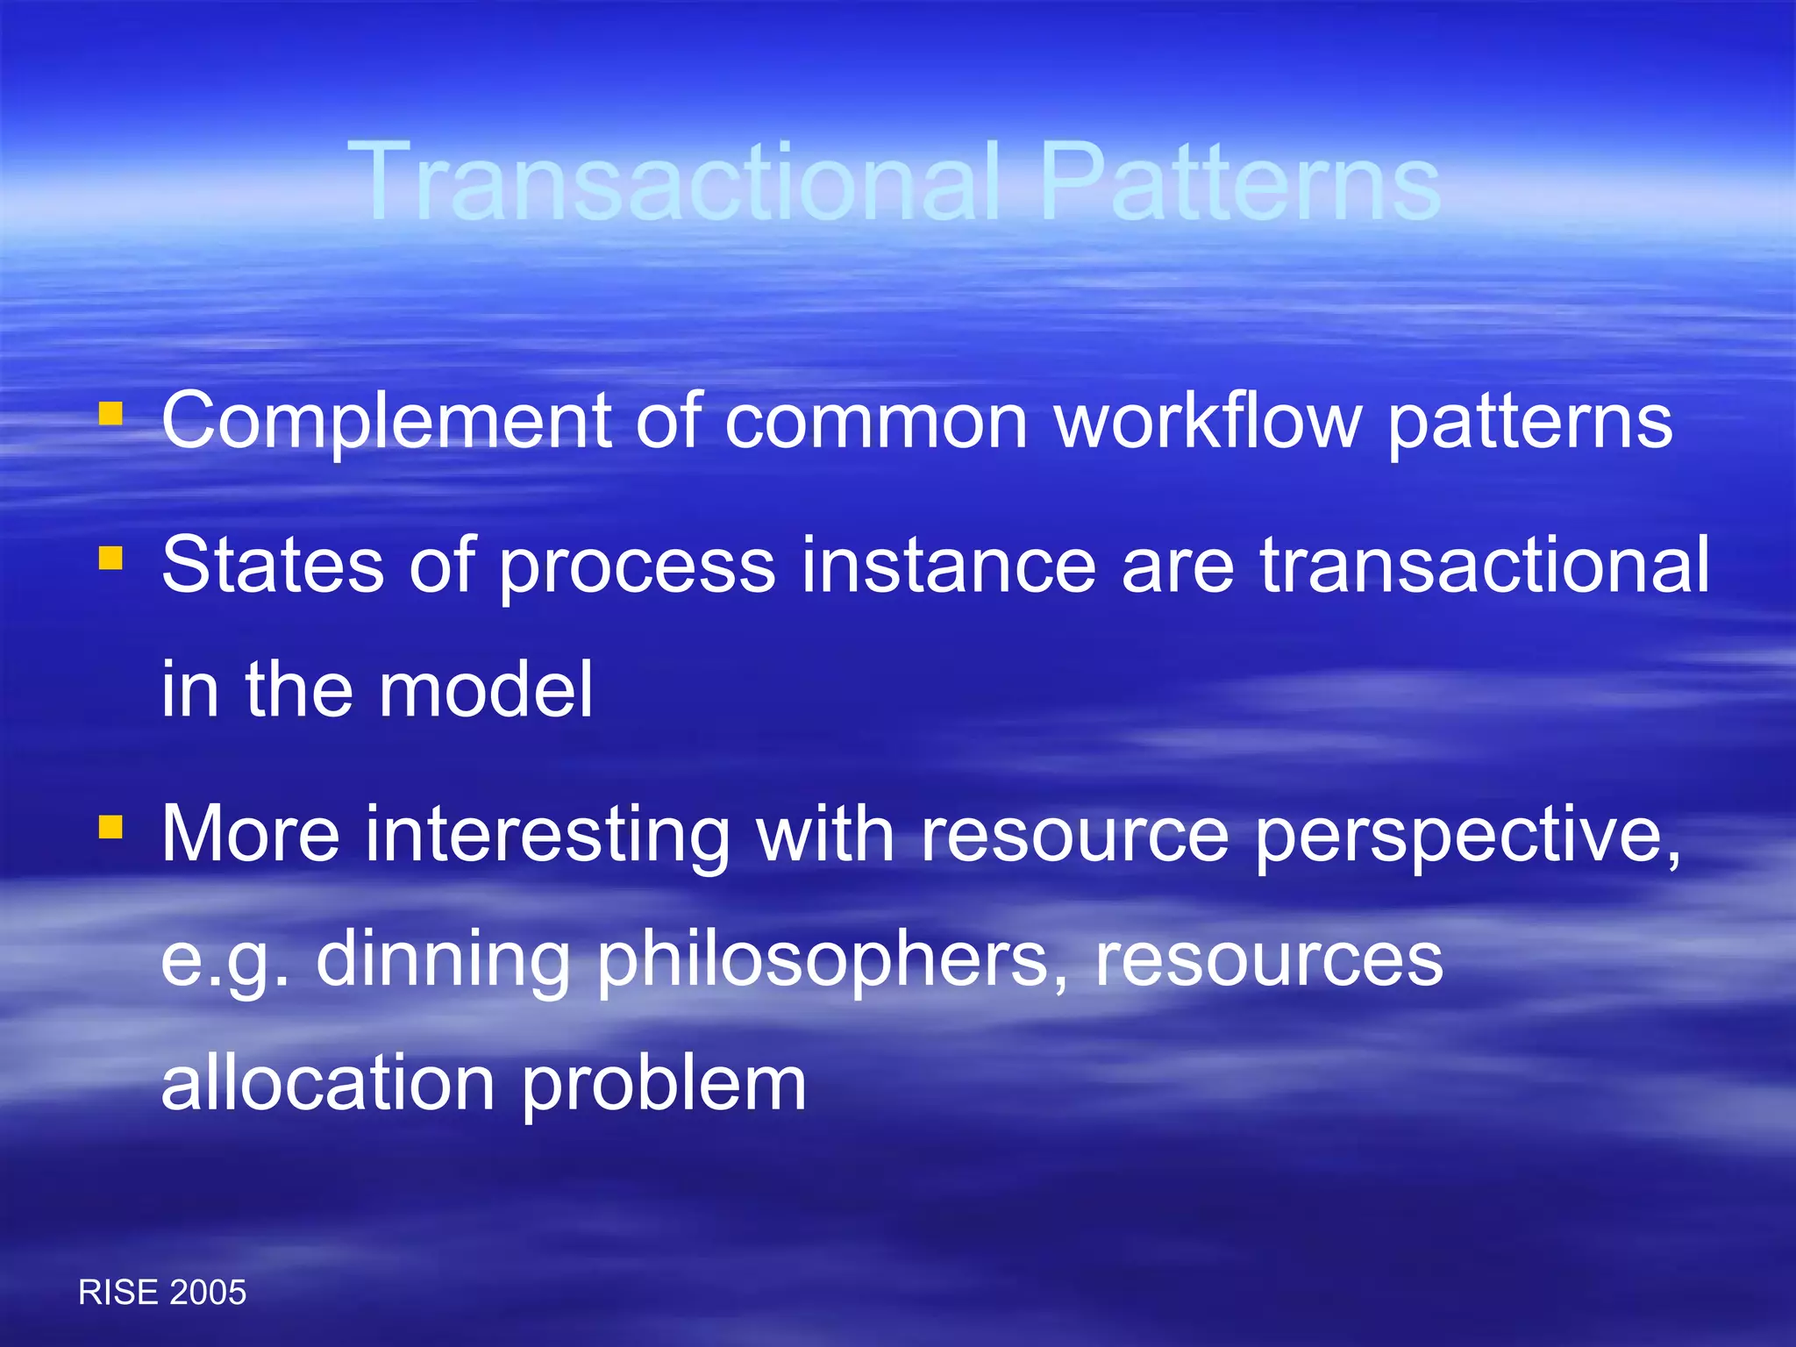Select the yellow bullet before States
tap(110, 559)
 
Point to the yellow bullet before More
tap(110, 827)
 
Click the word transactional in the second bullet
tap(1485, 566)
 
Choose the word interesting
tap(547, 835)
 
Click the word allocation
tap(328, 1085)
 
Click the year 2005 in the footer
tap(207, 1293)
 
